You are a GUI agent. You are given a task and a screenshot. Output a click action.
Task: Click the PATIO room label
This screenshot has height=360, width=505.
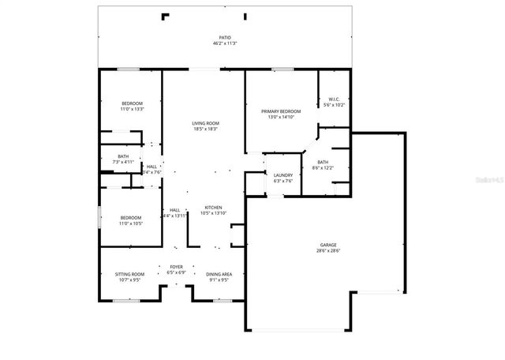[226, 37]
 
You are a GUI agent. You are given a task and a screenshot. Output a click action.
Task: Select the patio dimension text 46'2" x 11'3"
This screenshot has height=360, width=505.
[226, 43]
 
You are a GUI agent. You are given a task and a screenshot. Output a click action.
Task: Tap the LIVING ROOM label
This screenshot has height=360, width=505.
[205, 123]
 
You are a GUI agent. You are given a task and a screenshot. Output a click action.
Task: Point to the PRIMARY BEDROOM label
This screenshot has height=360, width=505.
[281, 112]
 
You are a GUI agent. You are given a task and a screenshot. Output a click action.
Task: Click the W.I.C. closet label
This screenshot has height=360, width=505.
[334, 99]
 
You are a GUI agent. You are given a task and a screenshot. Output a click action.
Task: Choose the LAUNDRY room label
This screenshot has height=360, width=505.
[283, 175]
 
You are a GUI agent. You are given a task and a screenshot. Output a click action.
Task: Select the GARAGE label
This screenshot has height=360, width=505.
[328, 245]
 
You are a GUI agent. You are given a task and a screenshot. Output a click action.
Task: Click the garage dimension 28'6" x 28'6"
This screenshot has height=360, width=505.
[328, 251]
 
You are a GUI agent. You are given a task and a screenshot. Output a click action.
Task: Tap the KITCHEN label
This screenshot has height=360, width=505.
[213, 208]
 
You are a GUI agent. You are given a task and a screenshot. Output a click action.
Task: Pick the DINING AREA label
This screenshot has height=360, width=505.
[219, 274]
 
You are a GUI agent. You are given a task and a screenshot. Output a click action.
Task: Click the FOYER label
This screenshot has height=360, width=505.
[177, 267]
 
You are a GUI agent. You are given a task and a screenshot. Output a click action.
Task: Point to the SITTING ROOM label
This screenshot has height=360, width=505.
[130, 274]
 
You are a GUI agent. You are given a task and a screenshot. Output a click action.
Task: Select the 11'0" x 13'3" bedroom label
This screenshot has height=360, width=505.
[132, 110]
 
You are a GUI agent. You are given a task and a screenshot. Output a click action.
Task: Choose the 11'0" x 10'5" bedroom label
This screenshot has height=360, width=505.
[131, 223]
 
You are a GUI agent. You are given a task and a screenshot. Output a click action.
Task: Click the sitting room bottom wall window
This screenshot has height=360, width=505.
[126, 300]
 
